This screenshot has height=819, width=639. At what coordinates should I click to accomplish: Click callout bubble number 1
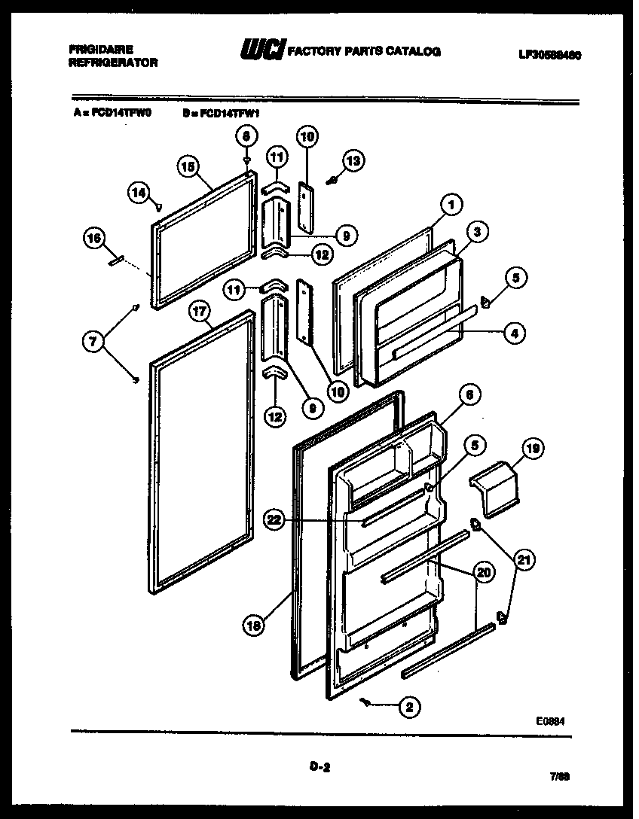(x=451, y=203)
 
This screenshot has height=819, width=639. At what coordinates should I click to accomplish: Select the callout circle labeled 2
(x=410, y=707)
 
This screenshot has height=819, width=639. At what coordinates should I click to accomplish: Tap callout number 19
(x=532, y=450)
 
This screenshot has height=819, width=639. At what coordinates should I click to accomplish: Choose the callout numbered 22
(x=274, y=519)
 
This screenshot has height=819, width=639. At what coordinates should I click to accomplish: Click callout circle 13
(x=353, y=160)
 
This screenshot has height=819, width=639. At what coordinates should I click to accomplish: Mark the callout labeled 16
(x=93, y=239)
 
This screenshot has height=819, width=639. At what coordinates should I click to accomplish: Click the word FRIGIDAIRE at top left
(x=101, y=50)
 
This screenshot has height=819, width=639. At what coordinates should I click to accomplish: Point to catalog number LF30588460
(x=549, y=55)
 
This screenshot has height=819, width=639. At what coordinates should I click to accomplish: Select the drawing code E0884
(x=550, y=720)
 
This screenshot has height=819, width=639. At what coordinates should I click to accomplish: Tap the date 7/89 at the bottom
(x=560, y=776)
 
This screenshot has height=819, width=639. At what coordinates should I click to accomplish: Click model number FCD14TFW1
(x=225, y=114)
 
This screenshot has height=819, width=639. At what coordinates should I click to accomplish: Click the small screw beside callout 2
(x=366, y=702)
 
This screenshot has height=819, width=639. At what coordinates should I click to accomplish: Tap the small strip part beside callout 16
(x=117, y=260)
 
